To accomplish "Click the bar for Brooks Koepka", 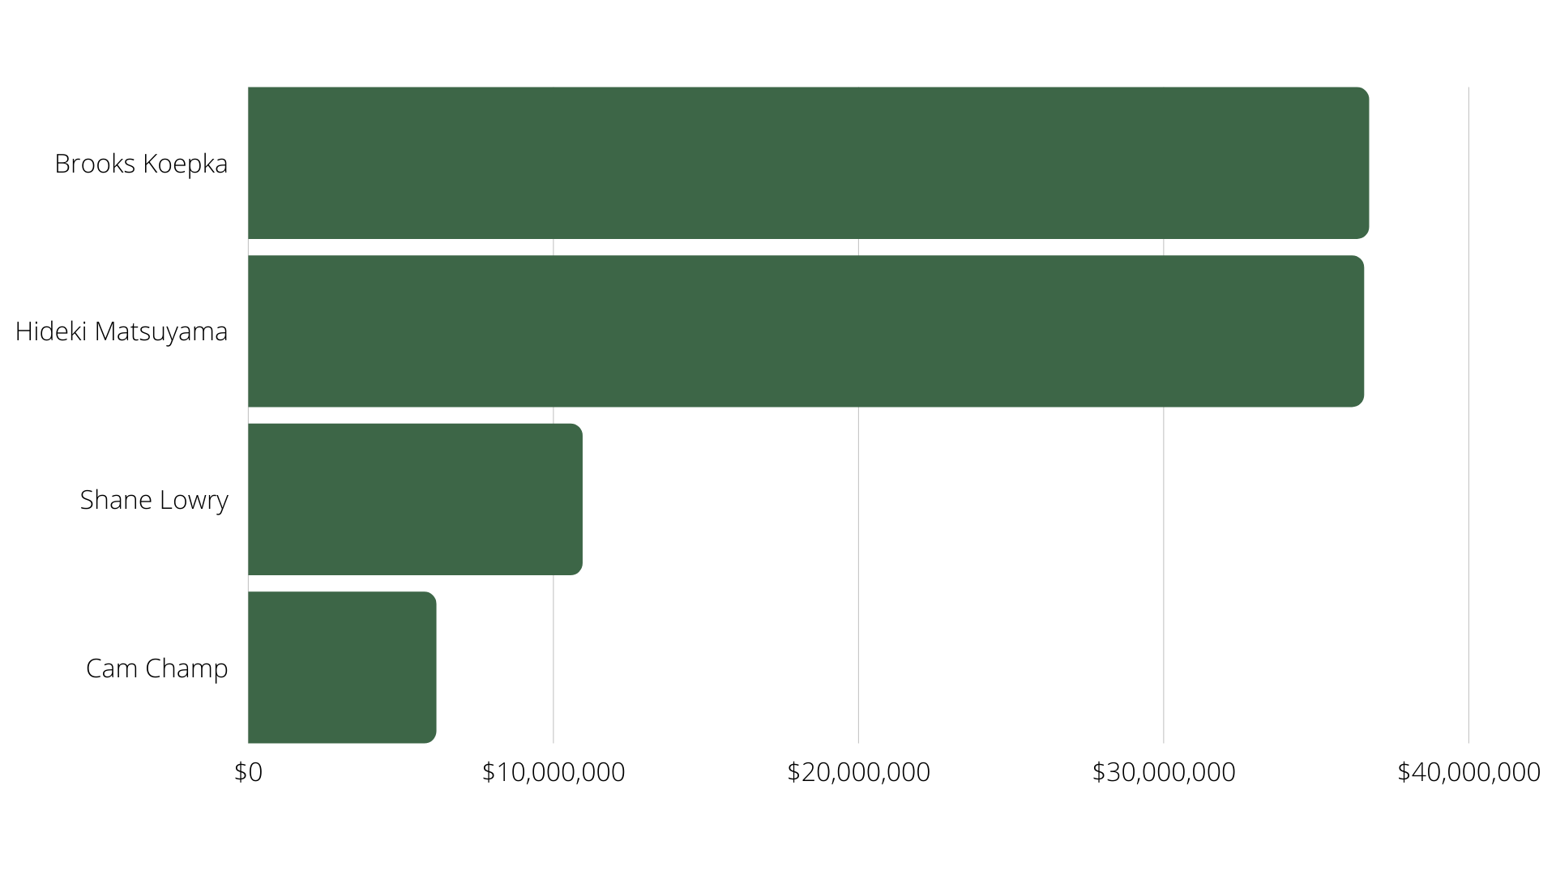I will tap(808, 163).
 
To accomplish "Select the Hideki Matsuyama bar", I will tap(806, 331).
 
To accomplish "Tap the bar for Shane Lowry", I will tap(415, 499).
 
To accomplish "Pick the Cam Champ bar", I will tap(342, 668).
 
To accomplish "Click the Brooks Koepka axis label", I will tap(141, 164).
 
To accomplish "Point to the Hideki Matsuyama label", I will tap(122, 331).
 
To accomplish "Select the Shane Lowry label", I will tap(154, 500).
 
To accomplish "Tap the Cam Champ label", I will tap(157, 668).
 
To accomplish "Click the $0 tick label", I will tap(248, 772).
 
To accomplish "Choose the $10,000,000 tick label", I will tap(554, 772).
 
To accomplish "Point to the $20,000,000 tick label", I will tap(858, 772).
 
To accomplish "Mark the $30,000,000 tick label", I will tap(1164, 772).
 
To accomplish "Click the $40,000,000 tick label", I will tap(1468, 772).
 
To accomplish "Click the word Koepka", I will tap(186, 164).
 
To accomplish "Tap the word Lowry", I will tap(194, 501).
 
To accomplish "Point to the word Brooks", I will tap(95, 164).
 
